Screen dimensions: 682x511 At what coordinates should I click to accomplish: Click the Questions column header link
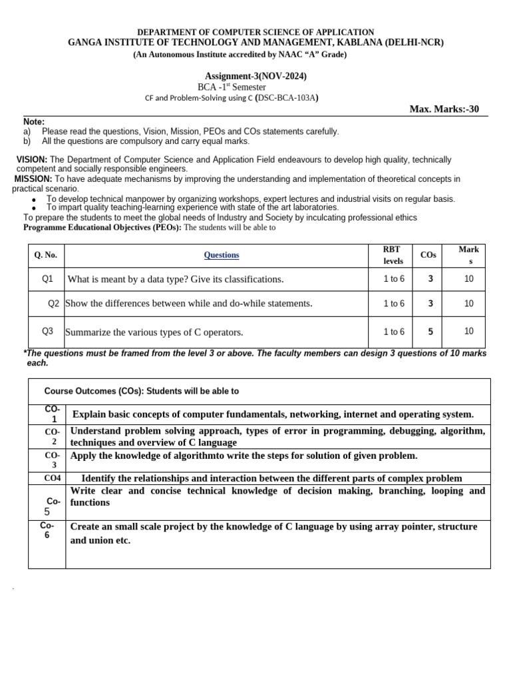(x=221, y=255)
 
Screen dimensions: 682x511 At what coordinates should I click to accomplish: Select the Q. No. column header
(x=47, y=255)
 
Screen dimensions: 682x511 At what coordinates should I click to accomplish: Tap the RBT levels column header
(x=393, y=255)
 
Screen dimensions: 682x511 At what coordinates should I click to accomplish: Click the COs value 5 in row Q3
(x=430, y=332)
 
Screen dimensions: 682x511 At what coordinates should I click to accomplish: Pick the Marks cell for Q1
(x=468, y=279)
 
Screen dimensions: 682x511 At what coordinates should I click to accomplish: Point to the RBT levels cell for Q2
(x=393, y=304)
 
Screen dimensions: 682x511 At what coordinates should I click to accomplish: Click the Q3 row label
(x=47, y=331)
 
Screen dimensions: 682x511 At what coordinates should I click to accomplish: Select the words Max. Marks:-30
(x=444, y=110)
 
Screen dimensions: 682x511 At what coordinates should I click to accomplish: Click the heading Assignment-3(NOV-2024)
(x=255, y=76)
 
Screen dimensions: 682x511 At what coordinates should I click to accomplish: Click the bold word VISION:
(x=31, y=160)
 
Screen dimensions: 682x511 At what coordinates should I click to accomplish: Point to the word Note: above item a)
(x=34, y=122)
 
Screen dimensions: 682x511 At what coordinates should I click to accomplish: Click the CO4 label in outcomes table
(x=53, y=478)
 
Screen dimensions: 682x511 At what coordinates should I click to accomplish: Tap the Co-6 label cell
(x=47, y=530)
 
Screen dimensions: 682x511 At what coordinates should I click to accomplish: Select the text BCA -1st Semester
(x=232, y=87)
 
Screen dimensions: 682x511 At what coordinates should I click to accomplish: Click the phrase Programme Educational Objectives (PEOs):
(x=102, y=227)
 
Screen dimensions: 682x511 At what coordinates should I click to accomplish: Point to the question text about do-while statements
(x=189, y=304)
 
